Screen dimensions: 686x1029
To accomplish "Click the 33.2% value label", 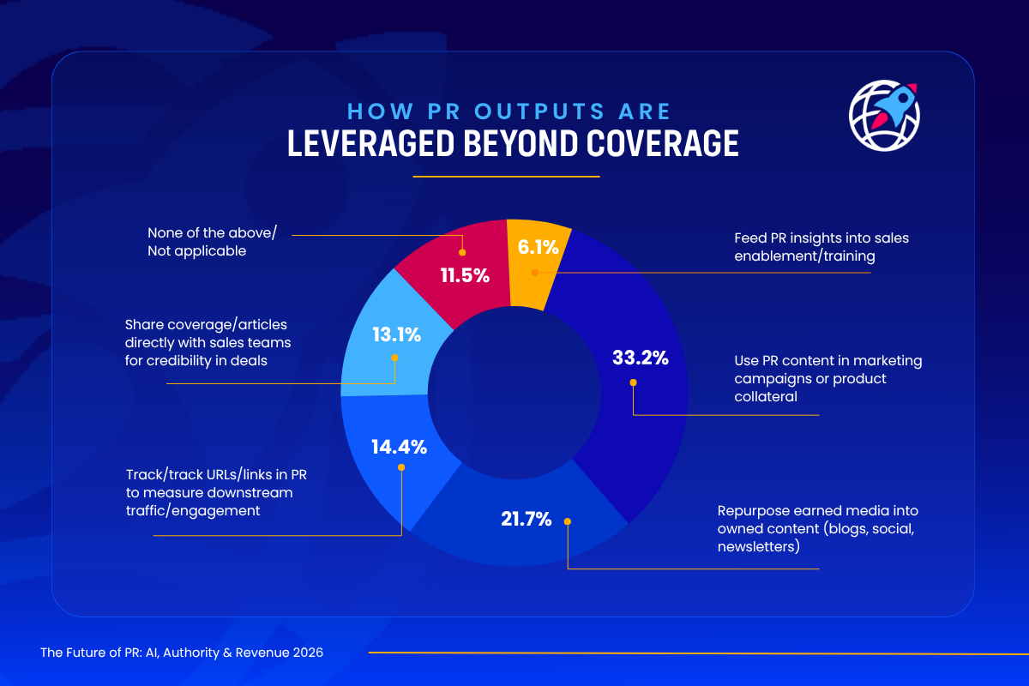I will pos(640,358).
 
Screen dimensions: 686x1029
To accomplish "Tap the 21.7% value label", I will pos(526,519).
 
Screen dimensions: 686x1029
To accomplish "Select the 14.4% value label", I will pos(399,447).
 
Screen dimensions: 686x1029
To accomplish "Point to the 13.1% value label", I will pos(396,335).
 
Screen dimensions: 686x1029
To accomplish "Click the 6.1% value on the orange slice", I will pos(539,248).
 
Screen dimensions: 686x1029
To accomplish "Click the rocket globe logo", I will pos(883,116).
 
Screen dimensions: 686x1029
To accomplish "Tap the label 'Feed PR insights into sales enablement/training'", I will pos(809,246).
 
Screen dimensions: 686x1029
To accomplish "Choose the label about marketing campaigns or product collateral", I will pos(815,378).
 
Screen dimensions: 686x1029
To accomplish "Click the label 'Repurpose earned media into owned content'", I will pos(816,528).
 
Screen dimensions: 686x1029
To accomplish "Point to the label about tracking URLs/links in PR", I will pos(209,492).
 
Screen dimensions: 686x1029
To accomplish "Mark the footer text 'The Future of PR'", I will pos(182,653).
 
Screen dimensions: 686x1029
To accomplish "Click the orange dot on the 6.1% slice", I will pos(533,273).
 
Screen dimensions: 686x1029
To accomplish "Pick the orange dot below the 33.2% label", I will pos(633,382).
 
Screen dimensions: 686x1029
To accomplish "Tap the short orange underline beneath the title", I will pos(506,177).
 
